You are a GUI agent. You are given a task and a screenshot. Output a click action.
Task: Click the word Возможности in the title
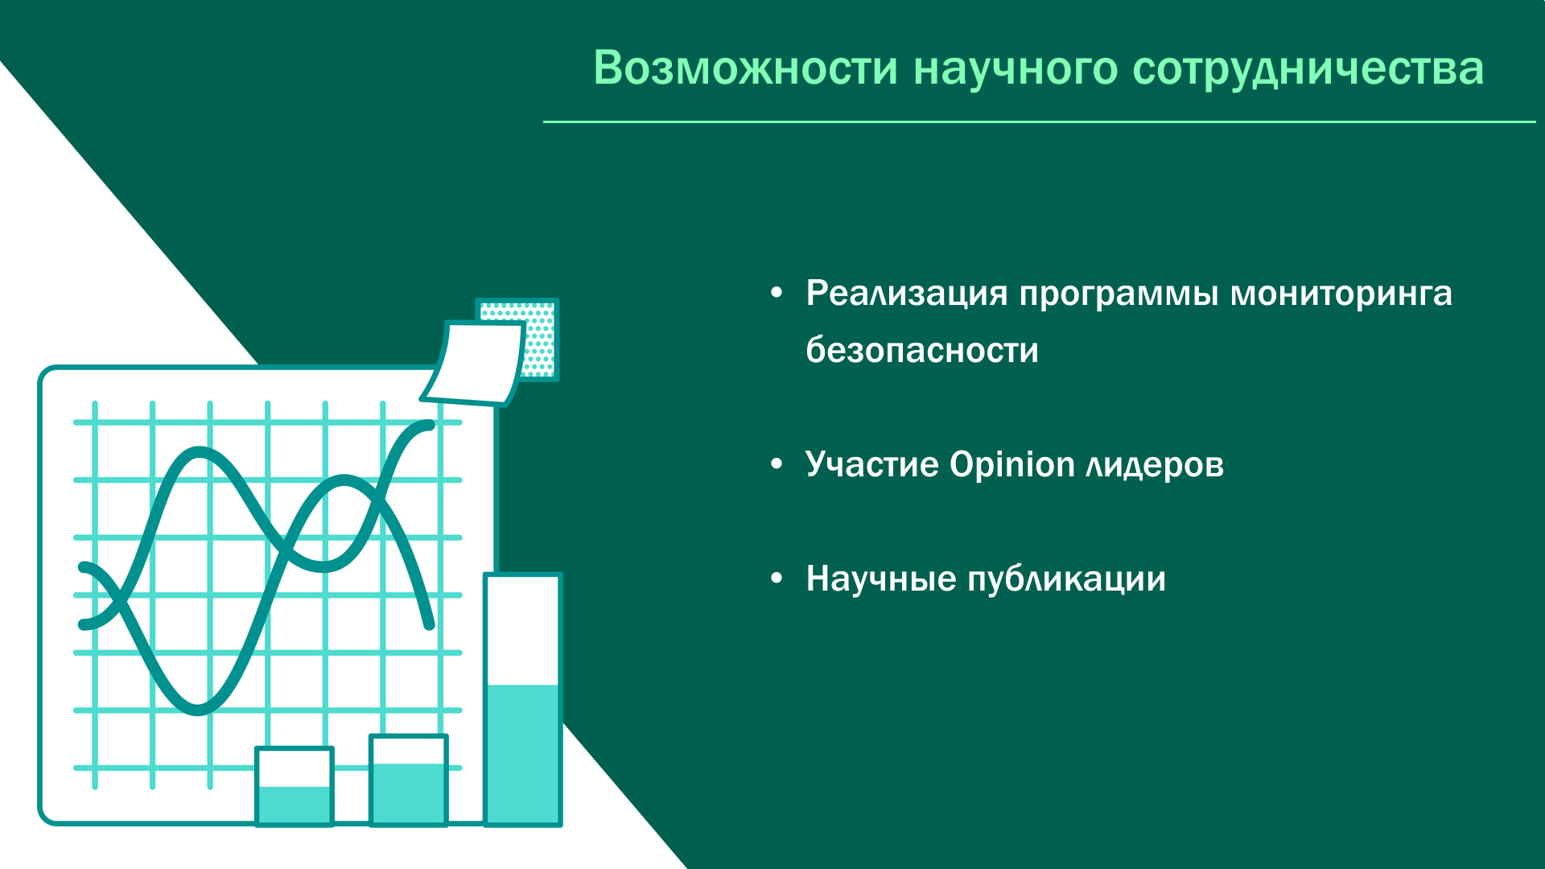(745, 68)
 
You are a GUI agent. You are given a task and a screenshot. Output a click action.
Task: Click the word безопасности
(922, 350)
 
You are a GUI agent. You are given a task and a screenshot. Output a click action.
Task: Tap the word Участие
(871, 464)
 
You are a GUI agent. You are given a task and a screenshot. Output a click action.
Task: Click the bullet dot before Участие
(777, 464)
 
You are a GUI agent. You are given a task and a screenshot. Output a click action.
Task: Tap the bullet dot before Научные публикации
(777, 579)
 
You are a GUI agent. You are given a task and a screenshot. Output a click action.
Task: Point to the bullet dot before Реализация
(777, 293)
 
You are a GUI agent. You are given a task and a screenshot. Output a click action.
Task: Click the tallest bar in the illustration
(522, 699)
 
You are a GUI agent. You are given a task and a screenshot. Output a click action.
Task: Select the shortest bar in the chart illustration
(295, 786)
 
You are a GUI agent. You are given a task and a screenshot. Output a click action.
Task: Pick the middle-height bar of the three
(409, 780)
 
